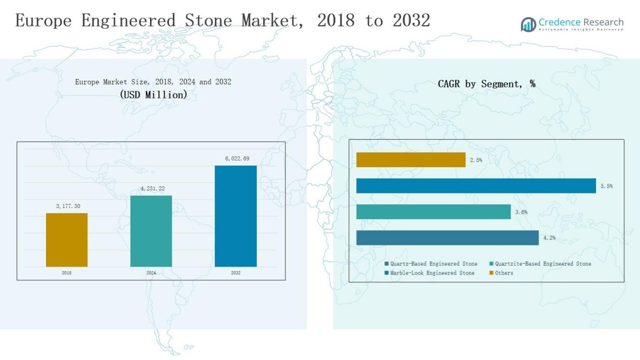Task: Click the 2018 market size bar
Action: click(x=67, y=240)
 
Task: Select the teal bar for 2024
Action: click(x=151, y=231)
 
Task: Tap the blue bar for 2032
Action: click(x=235, y=216)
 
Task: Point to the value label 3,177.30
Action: click(x=68, y=206)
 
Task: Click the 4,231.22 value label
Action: click(x=153, y=189)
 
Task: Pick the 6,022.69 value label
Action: click(x=237, y=159)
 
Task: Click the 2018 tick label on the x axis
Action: click(x=67, y=273)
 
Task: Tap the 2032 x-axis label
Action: click(x=235, y=273)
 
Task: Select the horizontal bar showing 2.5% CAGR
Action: click(x=411, y=160)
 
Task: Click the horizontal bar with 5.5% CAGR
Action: click(x=476, y=186)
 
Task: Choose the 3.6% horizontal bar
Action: click(x=433, y=212)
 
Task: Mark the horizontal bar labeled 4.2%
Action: click(x=447, y=238)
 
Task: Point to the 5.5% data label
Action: click(x=607, y=186)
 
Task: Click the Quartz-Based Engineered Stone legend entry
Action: click(x=431, y=264)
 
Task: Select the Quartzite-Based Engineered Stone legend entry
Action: click(x=540, y=264)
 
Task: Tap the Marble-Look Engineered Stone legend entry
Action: click(x=429, y=273)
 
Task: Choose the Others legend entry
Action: click(x=501, y=273)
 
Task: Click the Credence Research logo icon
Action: click(x=528, y=24)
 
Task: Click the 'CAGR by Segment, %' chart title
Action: click(x=486, y=84)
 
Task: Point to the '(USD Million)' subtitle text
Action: click(x=154, y=94)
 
